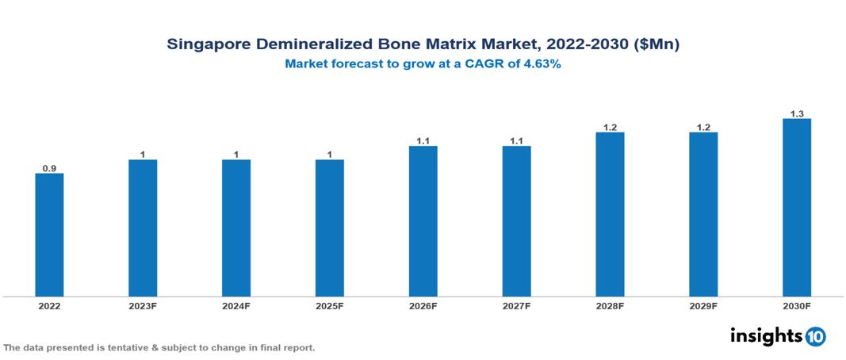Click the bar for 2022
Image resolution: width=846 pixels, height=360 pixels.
49,235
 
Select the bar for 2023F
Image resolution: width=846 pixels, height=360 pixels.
143,228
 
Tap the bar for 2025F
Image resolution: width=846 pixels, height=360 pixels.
329,228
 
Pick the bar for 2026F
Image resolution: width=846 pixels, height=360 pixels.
423,221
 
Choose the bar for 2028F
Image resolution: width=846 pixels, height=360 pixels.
610,214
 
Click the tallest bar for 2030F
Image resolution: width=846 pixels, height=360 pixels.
797,208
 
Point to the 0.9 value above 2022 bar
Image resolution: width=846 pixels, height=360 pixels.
49,168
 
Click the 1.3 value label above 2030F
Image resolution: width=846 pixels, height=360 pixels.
797,113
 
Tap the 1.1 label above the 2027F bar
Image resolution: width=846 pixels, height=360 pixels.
516,140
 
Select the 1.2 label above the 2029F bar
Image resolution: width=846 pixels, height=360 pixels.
703,127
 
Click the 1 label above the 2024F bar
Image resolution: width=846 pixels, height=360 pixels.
236,155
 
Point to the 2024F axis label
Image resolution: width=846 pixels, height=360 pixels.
236,305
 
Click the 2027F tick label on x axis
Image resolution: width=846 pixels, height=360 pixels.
516,305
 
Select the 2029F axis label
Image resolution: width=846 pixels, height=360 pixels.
703,305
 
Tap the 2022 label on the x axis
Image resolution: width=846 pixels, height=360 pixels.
49,305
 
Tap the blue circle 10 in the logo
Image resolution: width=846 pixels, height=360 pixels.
815,336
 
